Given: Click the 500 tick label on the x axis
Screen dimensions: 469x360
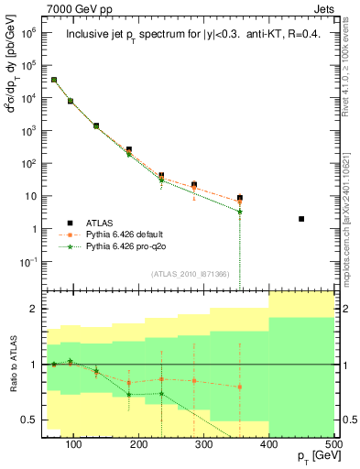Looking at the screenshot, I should click(x=333, y=445).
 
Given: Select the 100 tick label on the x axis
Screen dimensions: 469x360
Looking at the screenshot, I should click(x=74, y=445).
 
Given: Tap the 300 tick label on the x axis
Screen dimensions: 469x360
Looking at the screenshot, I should click(x=203, y=445).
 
